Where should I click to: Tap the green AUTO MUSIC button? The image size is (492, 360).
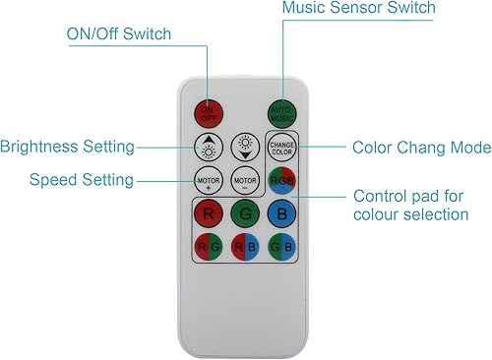click(282, 111)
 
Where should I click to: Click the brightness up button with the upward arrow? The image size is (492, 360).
click(209, 148)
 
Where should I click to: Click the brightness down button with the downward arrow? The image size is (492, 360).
click(245, 148)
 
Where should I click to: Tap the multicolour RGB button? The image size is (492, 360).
click(281, 181)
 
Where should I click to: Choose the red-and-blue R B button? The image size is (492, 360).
click(245, 246)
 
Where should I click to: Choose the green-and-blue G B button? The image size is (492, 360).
click(281, 246)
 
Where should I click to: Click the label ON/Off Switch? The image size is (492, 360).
click(118, 34)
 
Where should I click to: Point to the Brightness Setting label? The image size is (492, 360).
click(67, 148)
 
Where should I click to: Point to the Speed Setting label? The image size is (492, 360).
click(82, 179)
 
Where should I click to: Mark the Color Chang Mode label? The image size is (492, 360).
click(421, 148)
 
